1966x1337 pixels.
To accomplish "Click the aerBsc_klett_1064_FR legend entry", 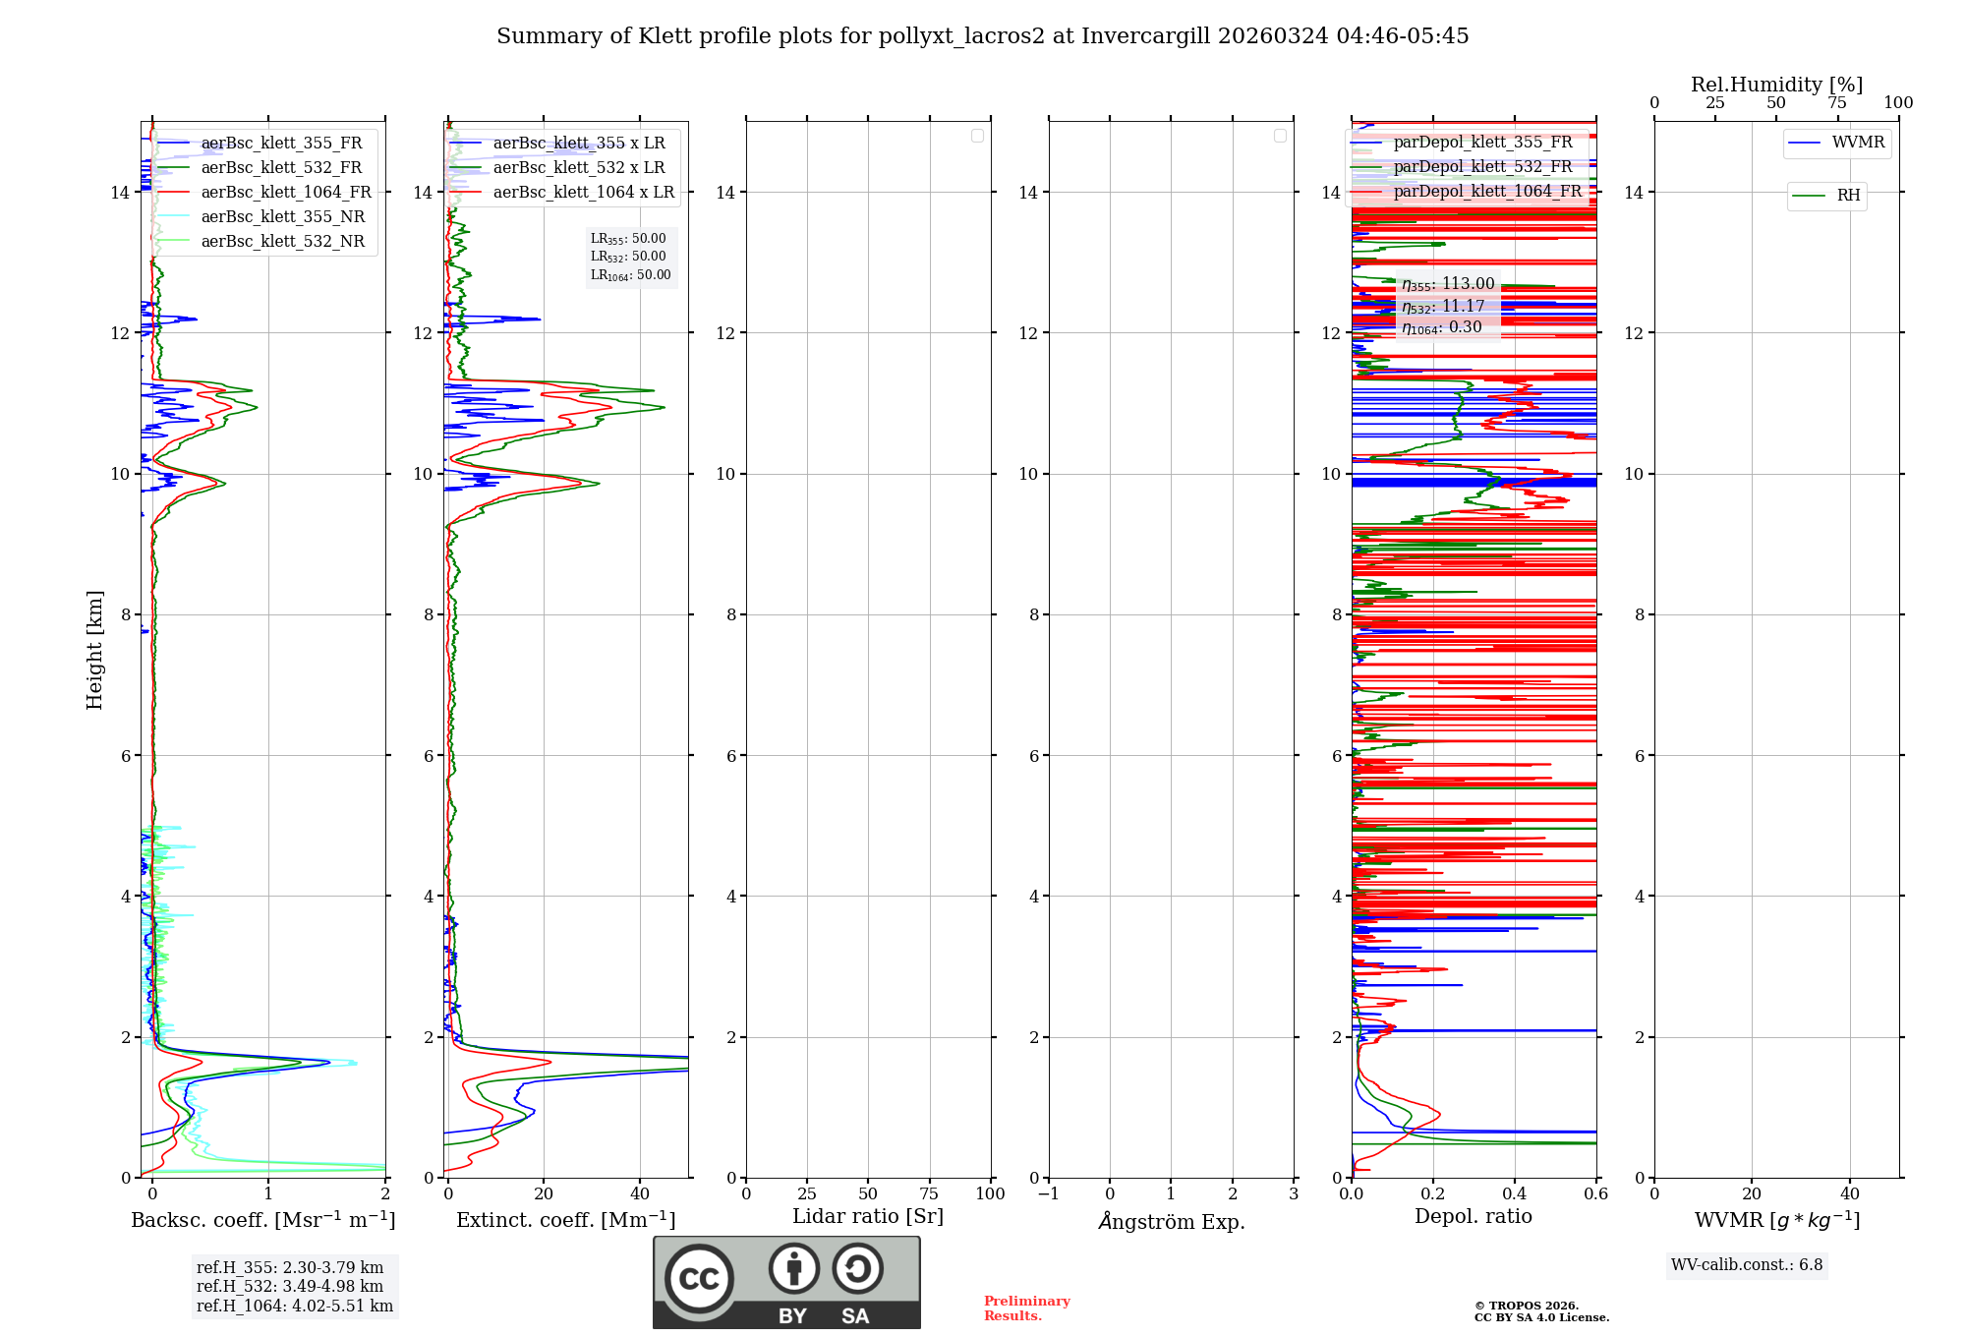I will coord(285,193).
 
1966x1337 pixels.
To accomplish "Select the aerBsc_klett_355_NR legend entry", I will coord(282,217).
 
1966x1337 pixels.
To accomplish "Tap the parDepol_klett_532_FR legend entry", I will coord(1482,167).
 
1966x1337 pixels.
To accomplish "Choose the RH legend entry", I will coord(1848,196).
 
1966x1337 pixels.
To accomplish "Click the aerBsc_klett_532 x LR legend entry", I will coord(579,168).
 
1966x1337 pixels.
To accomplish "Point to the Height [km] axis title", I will coord(94,650).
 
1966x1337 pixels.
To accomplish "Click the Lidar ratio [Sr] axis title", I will coord(868,1217).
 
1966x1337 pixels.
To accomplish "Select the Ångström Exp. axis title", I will coord(1172,1222).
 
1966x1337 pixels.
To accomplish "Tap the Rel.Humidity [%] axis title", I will coord(1776,85).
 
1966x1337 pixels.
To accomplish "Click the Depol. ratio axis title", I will coord(1473,1217).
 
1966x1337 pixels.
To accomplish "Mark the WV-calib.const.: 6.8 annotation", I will coord(1747,1265).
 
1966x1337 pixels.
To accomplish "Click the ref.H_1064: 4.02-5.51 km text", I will coord(295,1307).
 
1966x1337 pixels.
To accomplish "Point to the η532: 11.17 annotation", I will coord(1443,307).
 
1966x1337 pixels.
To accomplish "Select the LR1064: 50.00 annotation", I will coord(630,275).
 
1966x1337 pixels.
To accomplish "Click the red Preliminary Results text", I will coord(1026,1308).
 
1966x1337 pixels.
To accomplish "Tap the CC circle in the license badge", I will coord(699,1279).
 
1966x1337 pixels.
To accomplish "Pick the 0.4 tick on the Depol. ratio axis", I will coord(1515,1194).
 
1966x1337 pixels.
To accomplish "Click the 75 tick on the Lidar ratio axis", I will coord(929,1194).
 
